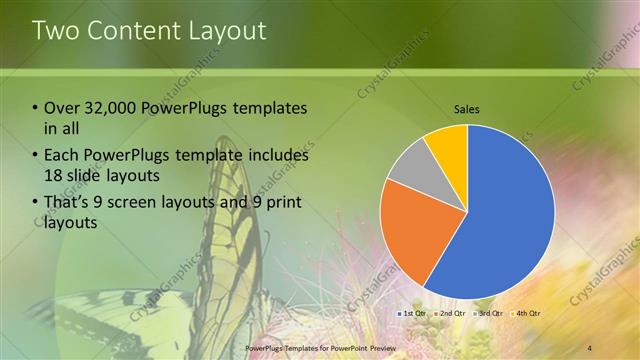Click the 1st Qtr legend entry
coord(413,314)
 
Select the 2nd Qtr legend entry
coord(449,314)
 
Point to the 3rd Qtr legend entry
coord(487,314)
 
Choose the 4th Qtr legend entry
coord(525,314)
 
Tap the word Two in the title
coord(56,31)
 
